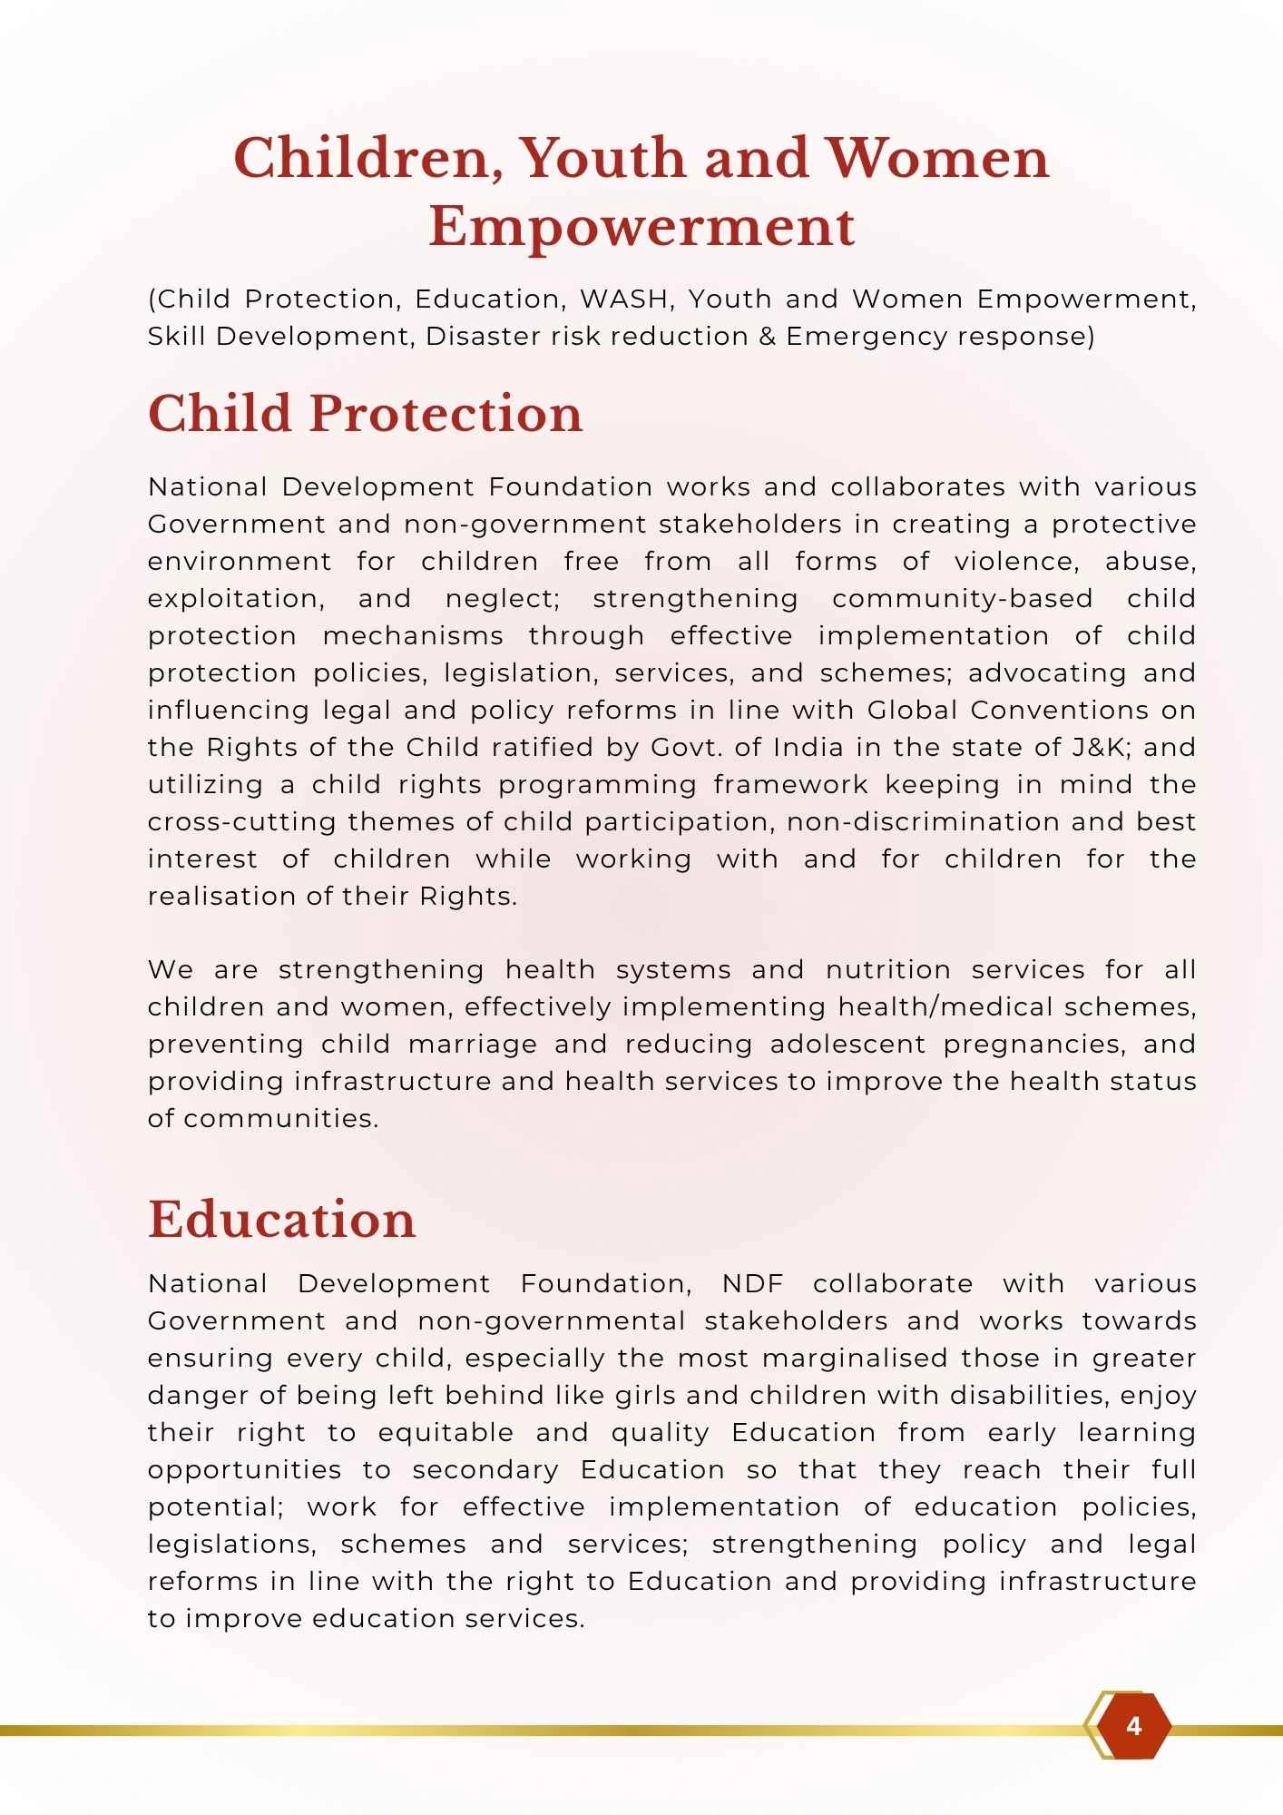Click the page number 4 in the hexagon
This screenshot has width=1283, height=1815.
[1133, 1725]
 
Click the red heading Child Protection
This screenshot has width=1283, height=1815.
[365, 414]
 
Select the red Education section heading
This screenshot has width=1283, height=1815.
[281, 1219]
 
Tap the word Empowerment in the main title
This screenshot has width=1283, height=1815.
[641, 226]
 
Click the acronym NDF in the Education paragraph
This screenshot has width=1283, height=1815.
[752, 1283]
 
